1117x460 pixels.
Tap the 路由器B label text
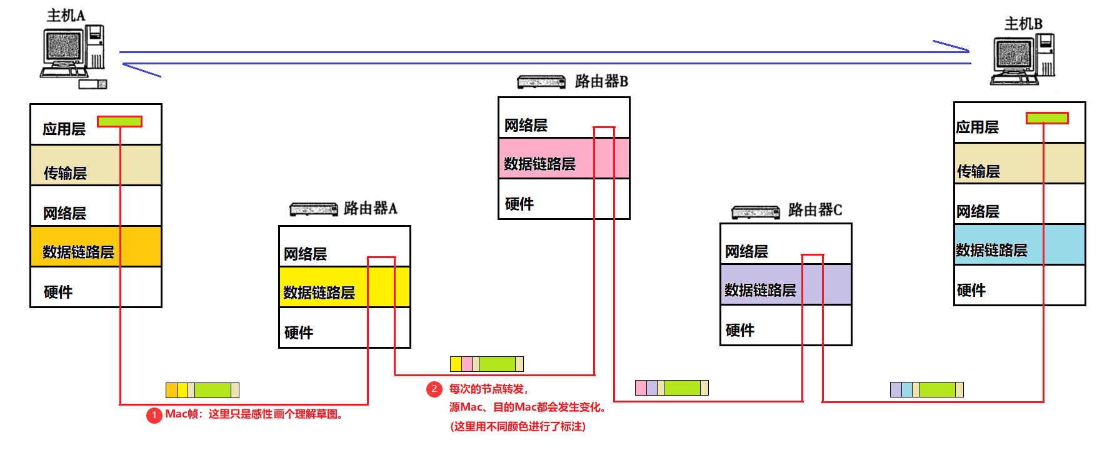pos(601,81)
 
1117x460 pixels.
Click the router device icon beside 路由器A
pos(314,209)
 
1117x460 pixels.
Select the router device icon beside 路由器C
pos(756,212)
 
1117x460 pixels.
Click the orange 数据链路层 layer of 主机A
pos(96,247)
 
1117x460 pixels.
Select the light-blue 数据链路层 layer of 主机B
pos(1019,245)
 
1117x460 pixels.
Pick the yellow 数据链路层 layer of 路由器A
pos(344,287)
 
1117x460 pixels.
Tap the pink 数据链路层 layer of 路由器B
pos(563,159)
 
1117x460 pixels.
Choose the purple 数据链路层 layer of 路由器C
pos(785,285)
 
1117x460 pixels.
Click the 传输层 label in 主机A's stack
pos(65,173)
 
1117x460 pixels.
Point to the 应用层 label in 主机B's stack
pos(977,127)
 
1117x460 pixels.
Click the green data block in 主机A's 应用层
pos(119,121)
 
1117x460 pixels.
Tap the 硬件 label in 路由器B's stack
pos(519,204)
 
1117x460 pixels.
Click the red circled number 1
pos(154,415)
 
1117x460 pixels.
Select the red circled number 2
pos(434,389)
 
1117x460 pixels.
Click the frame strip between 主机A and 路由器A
pos(202,391)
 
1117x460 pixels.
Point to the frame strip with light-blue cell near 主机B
pos(926,390)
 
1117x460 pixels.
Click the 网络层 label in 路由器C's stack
pos(746,252)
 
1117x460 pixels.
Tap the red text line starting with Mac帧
pos(255,414)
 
